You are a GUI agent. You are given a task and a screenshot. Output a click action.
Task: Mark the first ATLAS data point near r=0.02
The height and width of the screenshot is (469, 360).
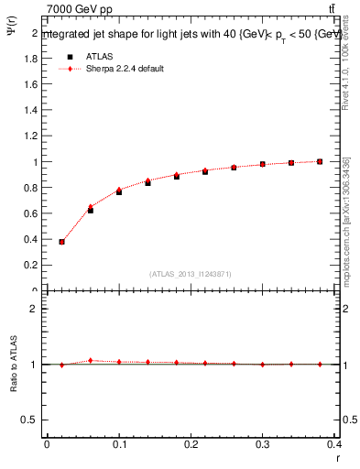61,242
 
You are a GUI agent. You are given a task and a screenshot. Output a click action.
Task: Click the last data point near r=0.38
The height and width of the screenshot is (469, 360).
320,161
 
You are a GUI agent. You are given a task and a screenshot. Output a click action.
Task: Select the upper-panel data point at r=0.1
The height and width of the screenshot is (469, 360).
119,191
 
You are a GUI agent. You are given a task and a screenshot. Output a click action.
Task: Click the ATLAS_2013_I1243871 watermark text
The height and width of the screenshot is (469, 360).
191,274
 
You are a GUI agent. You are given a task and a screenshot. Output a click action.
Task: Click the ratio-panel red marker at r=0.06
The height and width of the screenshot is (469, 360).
90,360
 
